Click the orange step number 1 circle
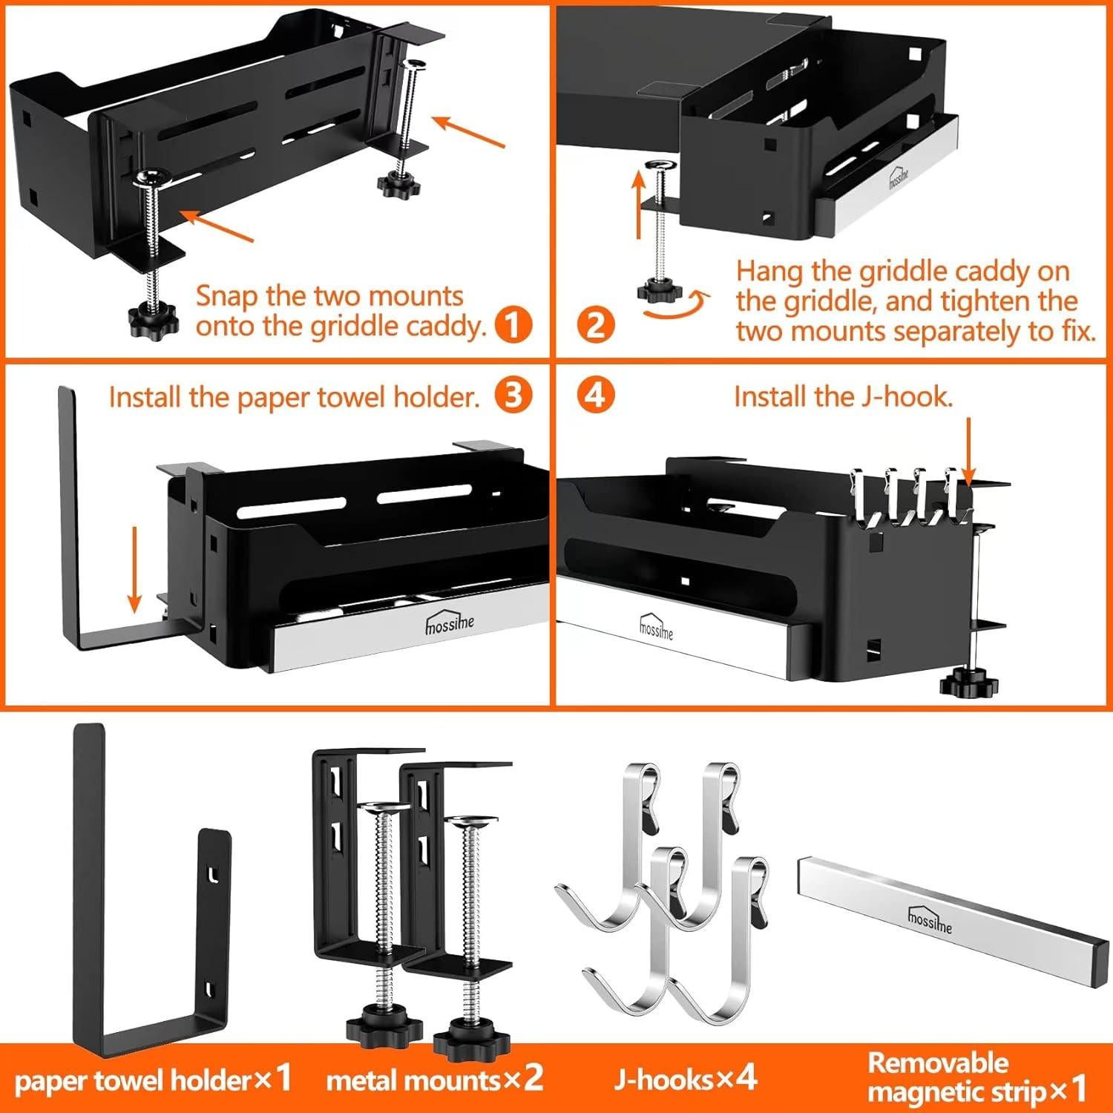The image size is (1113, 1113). click(513, 325)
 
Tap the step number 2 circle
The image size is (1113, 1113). click(595, 325)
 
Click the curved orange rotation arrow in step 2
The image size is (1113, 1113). click(676, 306)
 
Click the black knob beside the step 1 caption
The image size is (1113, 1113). click(154, 318)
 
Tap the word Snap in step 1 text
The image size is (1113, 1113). click(228, 296)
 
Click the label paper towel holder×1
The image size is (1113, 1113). click(153, 1080)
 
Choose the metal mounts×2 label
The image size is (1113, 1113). click(435, 1080)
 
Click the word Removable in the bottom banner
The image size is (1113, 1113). click(938, 1063)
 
